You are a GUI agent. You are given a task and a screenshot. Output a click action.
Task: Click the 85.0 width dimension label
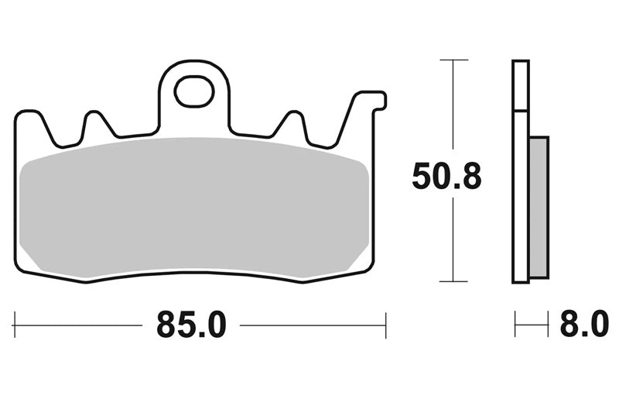tap(191, 325)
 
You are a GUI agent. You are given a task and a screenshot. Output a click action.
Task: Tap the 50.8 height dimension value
tap(446, 177)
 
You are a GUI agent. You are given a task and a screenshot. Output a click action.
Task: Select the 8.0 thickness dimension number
tap(584, 325)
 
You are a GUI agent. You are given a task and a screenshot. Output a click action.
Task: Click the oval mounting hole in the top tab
tap(195, 92)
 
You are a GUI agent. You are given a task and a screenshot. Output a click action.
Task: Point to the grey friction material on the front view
tap(194, 207)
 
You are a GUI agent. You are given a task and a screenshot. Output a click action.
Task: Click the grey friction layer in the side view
tap(539, 207)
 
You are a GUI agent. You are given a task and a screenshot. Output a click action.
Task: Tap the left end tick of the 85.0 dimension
tap(15, 325)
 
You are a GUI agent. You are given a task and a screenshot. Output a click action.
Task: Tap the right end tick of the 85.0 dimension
tap(385, 325)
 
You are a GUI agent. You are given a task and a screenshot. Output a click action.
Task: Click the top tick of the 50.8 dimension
tap(454, 60)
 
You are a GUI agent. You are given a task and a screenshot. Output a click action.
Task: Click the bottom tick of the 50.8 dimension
tap(453, 281)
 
